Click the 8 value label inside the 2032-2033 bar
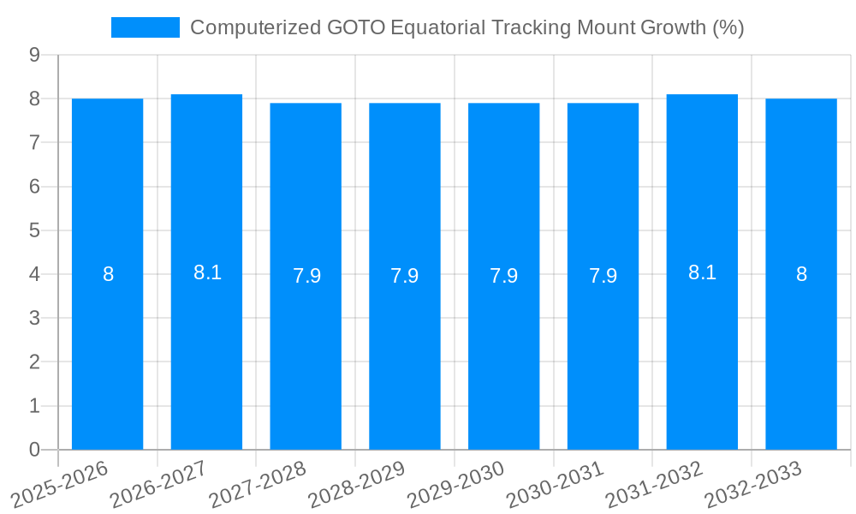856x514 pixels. pos(801,275)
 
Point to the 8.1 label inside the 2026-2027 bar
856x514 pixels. pos(207,272)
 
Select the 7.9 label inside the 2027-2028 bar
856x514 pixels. pos(306,276)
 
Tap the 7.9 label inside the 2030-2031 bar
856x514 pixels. pos(603,276)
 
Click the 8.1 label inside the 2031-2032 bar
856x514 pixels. pos(702,272)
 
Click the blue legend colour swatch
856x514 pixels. pos(146,27)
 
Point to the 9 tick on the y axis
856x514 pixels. pos(34,55)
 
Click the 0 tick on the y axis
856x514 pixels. pos(34,450)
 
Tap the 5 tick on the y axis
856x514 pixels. pos(34,230)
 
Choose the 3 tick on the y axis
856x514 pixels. pos(34,318)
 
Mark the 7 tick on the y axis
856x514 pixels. pos(34,142)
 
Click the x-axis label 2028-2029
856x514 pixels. pos(356,484)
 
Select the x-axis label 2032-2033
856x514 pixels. pos(752,484)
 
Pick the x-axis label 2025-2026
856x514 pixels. pos(58,484)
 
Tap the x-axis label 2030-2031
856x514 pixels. pos(554,484)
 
